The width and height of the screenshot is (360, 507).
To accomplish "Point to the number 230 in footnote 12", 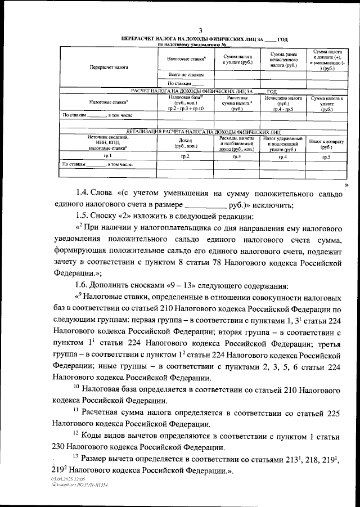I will click(x=61, y=447).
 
